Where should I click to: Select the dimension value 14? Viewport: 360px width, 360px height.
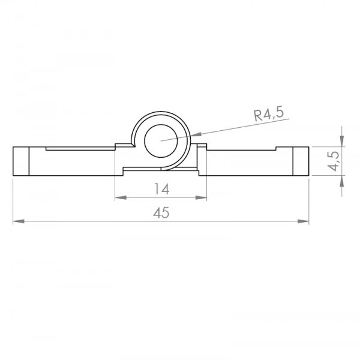(161, 189)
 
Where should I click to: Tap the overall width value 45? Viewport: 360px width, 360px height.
(161, 212)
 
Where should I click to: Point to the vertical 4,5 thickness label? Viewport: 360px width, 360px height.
(334, 161)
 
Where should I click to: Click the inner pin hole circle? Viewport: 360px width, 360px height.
(161, 141)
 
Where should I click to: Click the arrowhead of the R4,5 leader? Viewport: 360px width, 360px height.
(196, 134)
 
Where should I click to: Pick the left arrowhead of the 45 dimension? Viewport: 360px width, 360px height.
(19, 221)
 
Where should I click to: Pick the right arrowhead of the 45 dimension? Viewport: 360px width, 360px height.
(303, 221)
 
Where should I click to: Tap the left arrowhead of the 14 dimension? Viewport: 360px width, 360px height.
(121, 197)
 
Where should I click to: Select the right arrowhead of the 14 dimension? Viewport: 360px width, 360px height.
(201, 197)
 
